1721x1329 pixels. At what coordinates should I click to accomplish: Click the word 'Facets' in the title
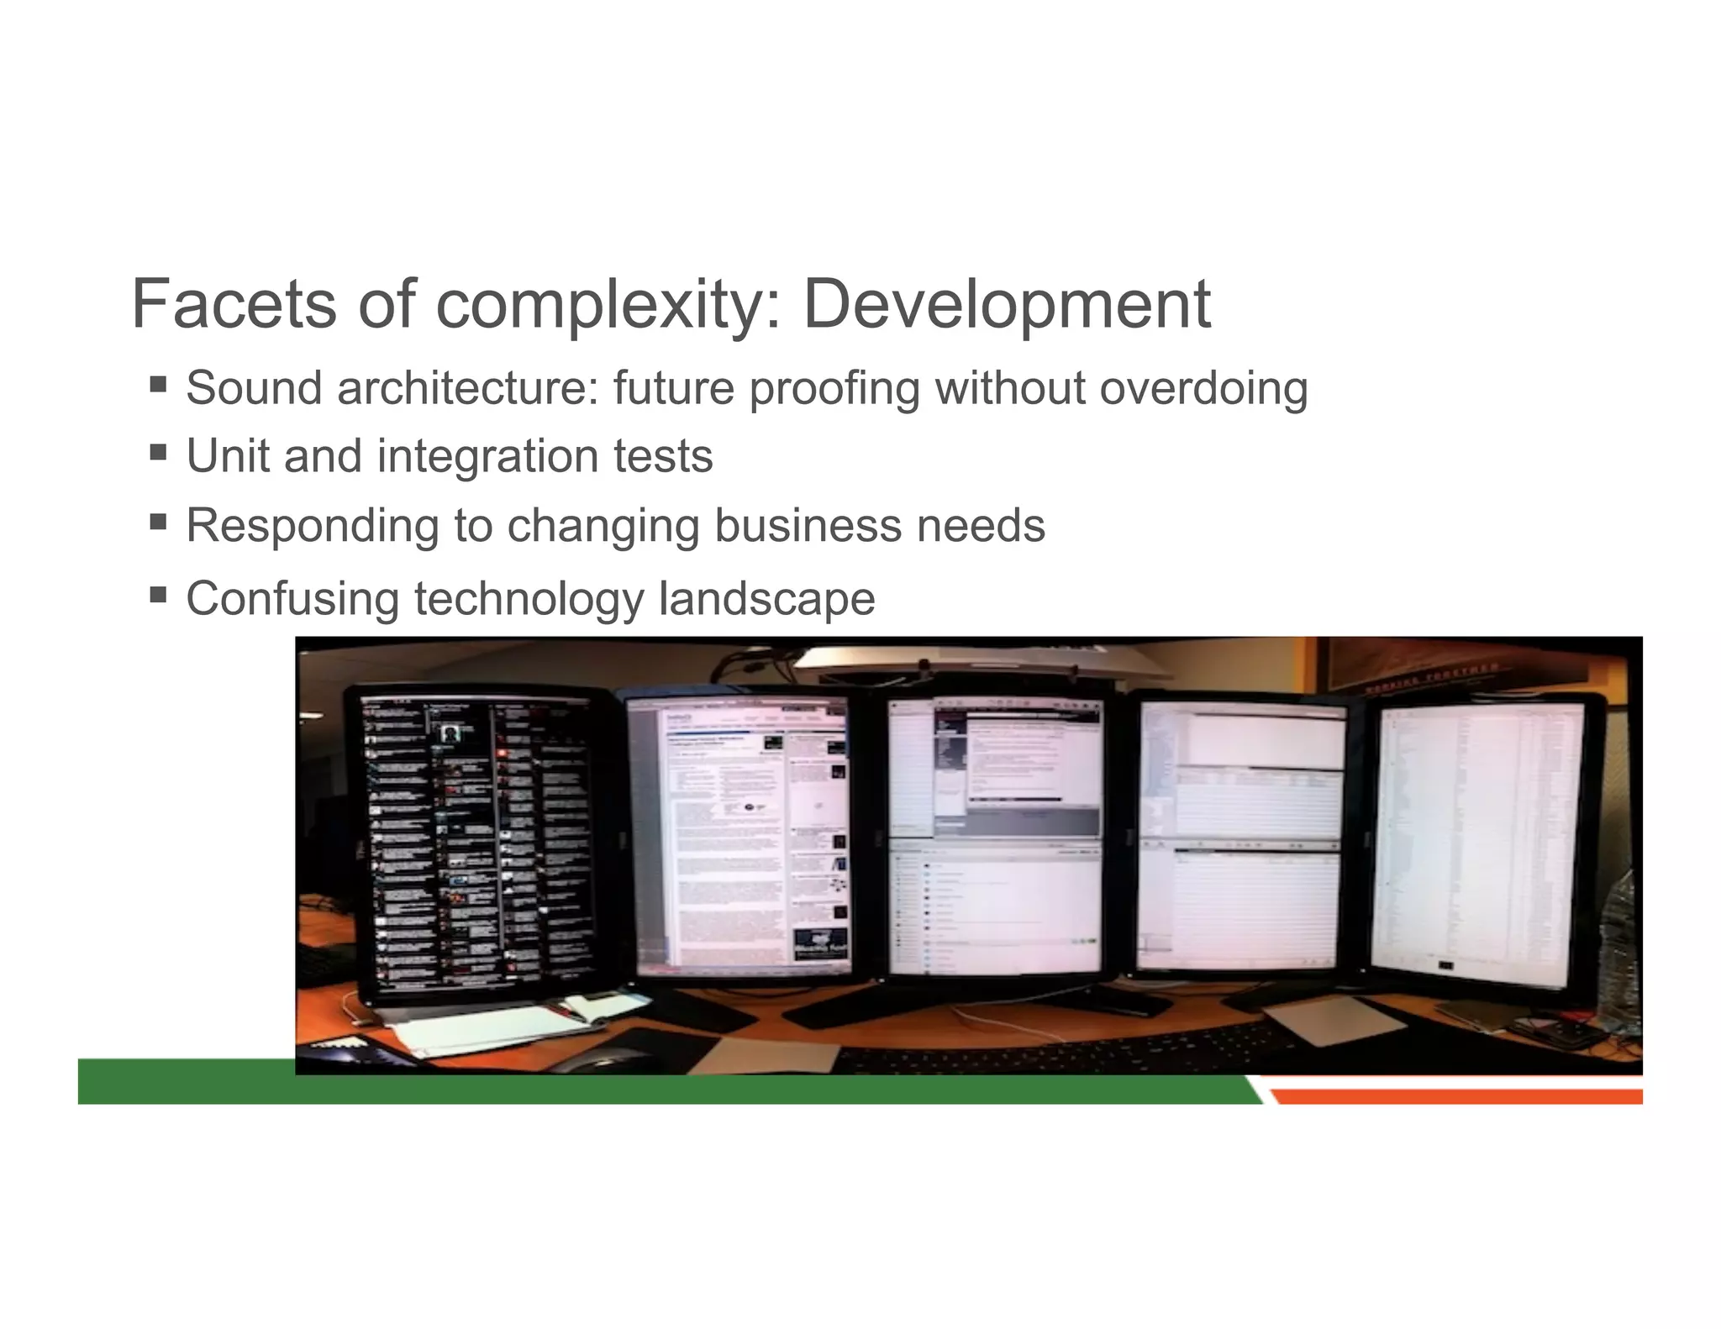click(234, 304)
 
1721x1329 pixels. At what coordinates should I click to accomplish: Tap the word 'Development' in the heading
click(1006, 304)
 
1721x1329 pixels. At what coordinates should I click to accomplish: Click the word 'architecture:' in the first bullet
click(468, 389)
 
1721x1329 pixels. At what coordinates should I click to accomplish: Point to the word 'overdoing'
click(1203, 389)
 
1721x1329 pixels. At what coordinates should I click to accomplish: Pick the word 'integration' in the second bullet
click(487, 457)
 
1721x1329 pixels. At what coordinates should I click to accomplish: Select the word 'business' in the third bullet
click(808, 526)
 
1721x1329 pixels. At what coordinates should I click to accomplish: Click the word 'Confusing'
click(292, 599)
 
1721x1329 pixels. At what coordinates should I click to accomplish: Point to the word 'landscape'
click(766, 599)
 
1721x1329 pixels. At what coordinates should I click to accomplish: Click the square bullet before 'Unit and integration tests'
click(158, 453)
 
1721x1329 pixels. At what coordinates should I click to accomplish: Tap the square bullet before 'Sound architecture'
click(158, 385)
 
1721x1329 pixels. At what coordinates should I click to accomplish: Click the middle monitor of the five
click(994, 836)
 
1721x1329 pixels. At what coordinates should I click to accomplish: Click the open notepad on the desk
click(496, 1022)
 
